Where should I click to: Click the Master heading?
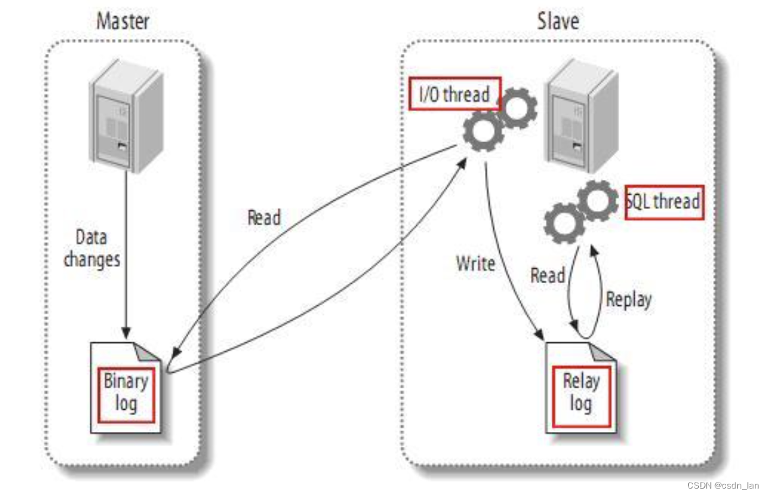[x=123, y=21]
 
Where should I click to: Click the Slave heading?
[x=557, y=21]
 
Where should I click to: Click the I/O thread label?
[x=455, y=94]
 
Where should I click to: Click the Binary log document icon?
[x=126, y=387]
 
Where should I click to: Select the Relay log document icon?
[x=581, y=388]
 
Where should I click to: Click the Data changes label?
[x=92, y=249]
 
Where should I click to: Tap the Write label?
[x=476, y=263]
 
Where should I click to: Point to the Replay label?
[x=629, y=299]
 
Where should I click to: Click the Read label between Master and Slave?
[x=264, y=217]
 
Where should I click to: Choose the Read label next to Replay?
[x=547, y=276]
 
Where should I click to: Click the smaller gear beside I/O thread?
[x=518, y=108]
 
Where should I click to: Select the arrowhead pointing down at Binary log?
[x=125, y=333]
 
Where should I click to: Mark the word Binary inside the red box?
[x=125, y=381]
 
